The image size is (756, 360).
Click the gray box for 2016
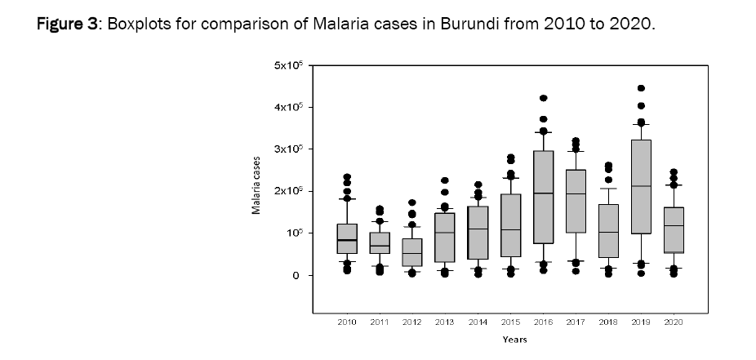pyautogui.click(x=543, y=197)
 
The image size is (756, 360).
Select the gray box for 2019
pyautogui.click(x=641, y=187)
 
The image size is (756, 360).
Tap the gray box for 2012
pyautogui.click(x=412, y=252)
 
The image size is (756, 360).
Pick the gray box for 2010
pyautogui.click(x=347, y=238)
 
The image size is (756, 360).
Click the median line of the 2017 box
pyautogui.click(x=576, y=193)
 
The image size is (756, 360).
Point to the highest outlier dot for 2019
pyautogui.click(x=641, y=88)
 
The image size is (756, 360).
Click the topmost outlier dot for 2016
pyautogui.click(x=543, y=98)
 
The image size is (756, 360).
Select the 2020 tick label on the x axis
pyautogui.click(x=674, y=323)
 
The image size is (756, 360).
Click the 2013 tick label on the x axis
pyautogui.click(x=445, y=323)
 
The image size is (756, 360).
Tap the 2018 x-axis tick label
pyautogui.click(x=608, y=323)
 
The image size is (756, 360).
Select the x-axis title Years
pyautogui.click(x=514, y=340)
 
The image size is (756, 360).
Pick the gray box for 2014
pyautogui.click(x=478, y=233)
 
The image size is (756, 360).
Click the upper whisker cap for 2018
pyautogui.click(x=608, y=189)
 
